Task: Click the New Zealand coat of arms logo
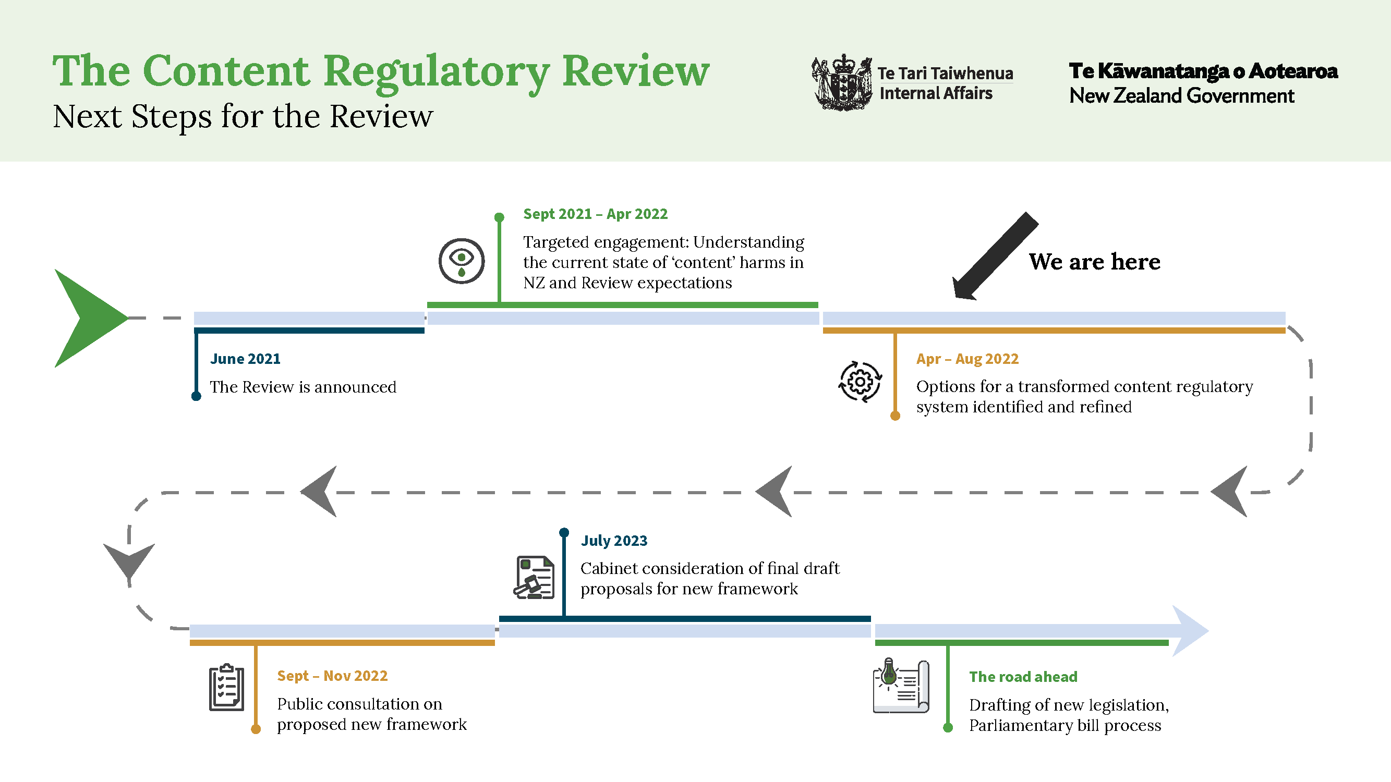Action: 841,82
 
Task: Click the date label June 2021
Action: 245,359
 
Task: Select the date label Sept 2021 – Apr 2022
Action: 595,214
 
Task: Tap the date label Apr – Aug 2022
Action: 967,359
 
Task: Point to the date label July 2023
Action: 613,540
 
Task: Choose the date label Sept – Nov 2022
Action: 332,676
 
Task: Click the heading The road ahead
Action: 1023,677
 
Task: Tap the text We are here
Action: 1094,262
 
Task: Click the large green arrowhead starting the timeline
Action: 87,319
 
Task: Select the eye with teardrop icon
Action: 461,261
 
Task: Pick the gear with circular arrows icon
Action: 860,382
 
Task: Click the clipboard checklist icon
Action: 226,688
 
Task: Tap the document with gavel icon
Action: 534,578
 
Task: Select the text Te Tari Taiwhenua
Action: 945,73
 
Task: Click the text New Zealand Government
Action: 1181,96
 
